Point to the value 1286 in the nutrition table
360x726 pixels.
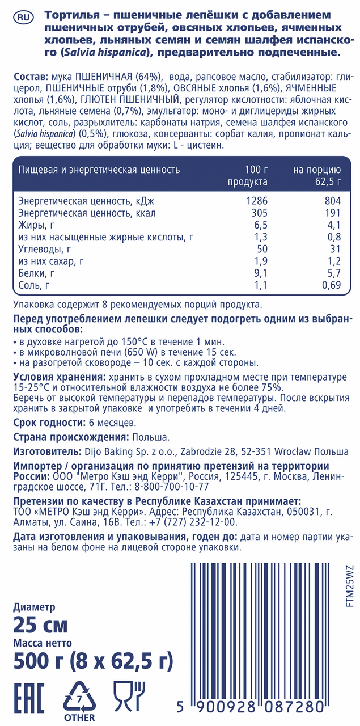tap(257, 201)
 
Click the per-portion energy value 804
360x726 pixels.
tap(332, 201)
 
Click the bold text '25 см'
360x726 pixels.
tap(40, 625)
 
